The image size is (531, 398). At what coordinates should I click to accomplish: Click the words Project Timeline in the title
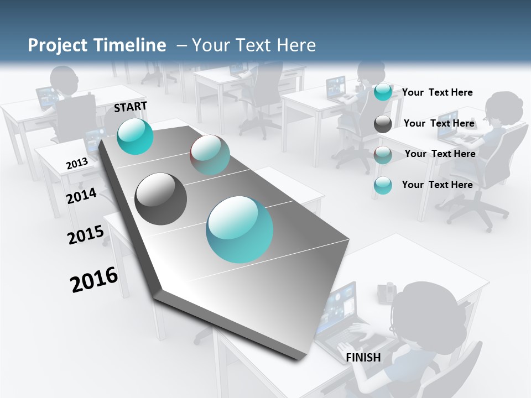click(x=97, y=45)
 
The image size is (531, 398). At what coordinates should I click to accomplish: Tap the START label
click(x=131, y=107)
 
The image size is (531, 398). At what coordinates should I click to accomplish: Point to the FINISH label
click(x=363, y=358)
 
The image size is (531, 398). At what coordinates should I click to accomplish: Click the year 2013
click(x=77, y=164)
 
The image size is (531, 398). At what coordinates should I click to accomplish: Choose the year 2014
click(x=82, y=196)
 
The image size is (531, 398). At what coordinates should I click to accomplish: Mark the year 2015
click(x=86, y=235)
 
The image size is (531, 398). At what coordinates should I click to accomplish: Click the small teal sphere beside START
click(x=135, y=136)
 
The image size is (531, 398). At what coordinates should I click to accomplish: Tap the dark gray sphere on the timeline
click(x=161, y=199)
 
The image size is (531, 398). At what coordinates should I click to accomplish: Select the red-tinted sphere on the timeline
click(x=210, y=155)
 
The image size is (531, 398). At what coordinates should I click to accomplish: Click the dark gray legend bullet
click(x=383, y=124)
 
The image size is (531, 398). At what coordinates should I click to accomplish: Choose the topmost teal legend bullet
click(x=383, y=92)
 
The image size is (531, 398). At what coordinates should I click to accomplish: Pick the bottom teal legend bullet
click(x=383, y=185)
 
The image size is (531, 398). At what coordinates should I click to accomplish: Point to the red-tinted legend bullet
click(x=383, y=155)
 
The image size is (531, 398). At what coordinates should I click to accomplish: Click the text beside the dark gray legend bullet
click(x=439, y=123)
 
